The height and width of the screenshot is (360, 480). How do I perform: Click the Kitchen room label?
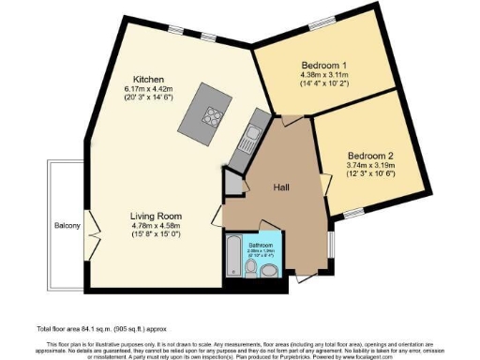(x=150, y=79)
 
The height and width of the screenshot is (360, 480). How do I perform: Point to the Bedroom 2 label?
(x=370, y=154)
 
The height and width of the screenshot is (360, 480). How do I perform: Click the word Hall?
(x=281, y=187)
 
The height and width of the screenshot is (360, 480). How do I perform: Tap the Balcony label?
(x=66, y=226)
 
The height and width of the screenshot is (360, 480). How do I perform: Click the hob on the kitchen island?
(x=210, y=118)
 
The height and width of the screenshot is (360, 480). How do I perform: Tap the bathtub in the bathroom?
(x=232, y=255)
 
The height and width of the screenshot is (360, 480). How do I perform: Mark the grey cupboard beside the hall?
(x=231, y=185)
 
